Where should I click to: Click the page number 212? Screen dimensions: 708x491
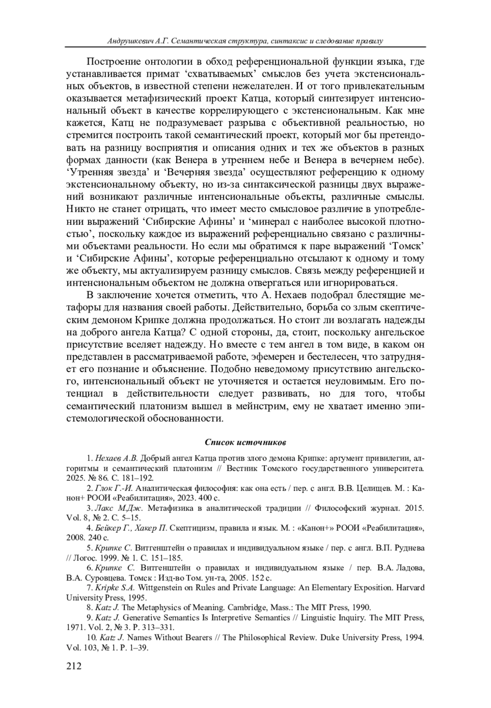74,666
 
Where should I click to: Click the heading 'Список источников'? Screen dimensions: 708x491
245,442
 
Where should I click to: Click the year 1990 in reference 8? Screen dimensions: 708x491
361,607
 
